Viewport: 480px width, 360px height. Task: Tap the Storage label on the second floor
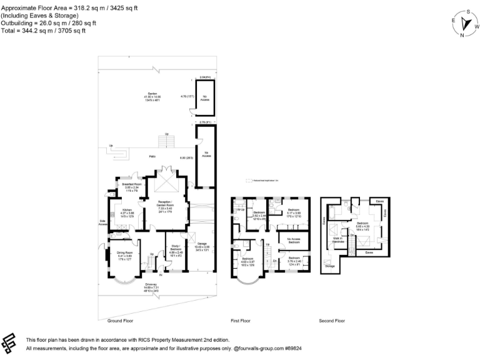coord(329,265)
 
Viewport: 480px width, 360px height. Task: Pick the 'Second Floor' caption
coord(332,320)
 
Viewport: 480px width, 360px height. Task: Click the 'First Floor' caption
coord(241,320)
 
